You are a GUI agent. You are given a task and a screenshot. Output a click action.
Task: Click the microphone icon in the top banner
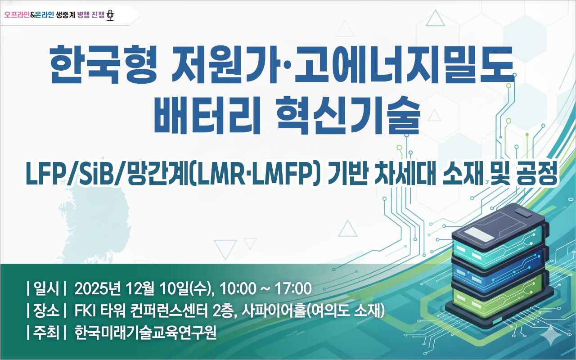(x=110, y=15)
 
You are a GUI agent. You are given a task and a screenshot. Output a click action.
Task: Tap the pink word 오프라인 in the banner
(x=16, y=15)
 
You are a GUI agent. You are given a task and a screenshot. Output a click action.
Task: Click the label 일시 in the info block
(x=47, y=288)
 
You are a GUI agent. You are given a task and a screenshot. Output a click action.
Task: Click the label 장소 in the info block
(x=47, y=310)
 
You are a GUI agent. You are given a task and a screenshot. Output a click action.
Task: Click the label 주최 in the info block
(x=47, y=333)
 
